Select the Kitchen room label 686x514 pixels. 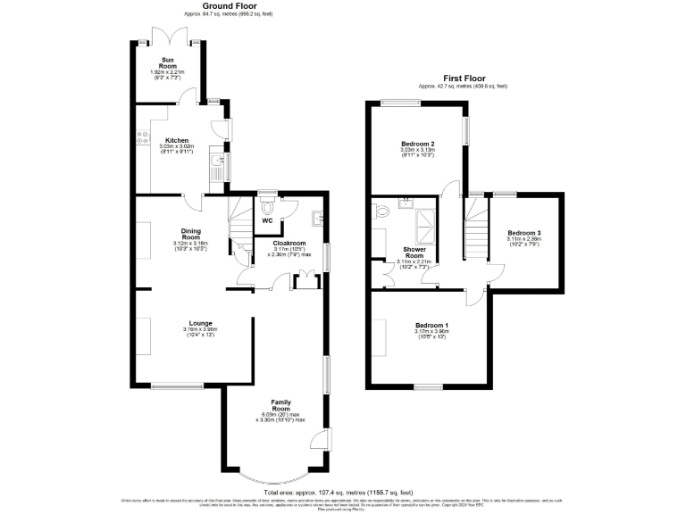pos(177,139)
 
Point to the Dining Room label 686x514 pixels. pos(190,233)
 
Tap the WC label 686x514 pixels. pos(267,220)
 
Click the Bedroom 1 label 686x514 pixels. pos(432,325)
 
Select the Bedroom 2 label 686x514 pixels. pos(417,144)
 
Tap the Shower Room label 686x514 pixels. pos(414,252)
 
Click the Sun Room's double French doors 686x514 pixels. pos(170,35)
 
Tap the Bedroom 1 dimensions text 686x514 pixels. pos(432,335)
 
